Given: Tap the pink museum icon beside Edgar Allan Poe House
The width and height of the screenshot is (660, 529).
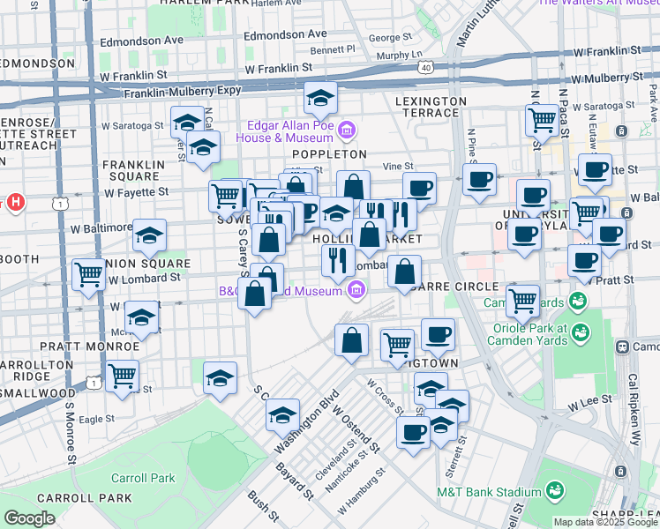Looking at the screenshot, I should [347, 132].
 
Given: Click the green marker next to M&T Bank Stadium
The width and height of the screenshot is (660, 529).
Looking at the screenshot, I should [556, 491].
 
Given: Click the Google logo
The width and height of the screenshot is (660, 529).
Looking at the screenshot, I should [29, 518].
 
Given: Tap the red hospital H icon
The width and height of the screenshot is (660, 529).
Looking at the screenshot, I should [14, 204].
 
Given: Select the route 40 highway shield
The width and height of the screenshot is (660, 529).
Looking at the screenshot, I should [426, 67].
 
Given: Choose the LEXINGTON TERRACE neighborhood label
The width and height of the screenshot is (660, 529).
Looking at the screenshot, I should [431, 101].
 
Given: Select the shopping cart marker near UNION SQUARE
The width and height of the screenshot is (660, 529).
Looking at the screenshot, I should [89, 275].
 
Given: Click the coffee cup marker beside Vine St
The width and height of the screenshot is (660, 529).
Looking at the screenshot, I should [420, 188].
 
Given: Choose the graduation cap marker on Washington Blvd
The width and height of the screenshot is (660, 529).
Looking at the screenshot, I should [284, 415].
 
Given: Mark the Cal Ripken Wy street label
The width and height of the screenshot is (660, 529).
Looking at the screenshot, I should [632, 397].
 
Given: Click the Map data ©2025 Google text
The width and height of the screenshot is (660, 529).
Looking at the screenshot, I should [605, 522].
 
